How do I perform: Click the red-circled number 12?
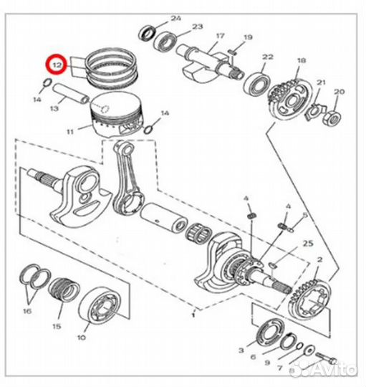pyautogui.click(x=57, y=65)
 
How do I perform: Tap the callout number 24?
pyautogui.click(x=176, y=18)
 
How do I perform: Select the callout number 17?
pyautogui.click(x=220, y=36)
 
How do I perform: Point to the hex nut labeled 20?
pyautogui.click(x=333, y=118)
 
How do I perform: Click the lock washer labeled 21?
pyautogui.click(x=314, y=110)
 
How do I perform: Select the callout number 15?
pyautogui.click(x=57, y=326)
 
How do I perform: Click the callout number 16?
pyautogui.click(x=27, y=311)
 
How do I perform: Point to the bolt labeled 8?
pyautogui.click(x=326, y=357)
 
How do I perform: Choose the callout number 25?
pyautogui.click(x=308, y=244)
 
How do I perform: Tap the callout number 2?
pyautogui.click(x=319, y=259)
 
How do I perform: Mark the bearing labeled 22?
pyautogui.click(x=256, y=84)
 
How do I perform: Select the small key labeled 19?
pyautogui.click(x=233, y=52)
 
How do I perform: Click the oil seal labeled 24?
pyautogui.click(x=147, y=33)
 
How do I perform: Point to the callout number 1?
pyautogui.click(x=193, y=315)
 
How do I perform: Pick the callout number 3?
pyautogui.click(x=241, y=350)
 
